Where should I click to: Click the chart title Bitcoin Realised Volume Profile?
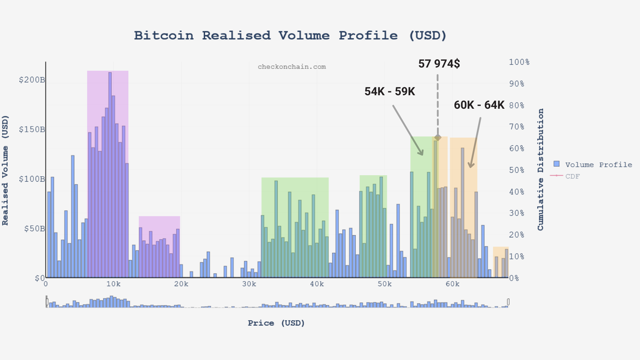click(290, 36)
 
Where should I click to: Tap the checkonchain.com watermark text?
click(292, 67)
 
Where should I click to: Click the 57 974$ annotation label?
click(439, 64)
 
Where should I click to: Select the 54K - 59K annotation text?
click(390, 92)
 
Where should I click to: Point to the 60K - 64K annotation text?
click(479, 105)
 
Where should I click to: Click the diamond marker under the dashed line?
click(438, 138)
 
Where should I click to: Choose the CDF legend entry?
click(572, 176)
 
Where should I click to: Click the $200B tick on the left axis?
click(32, 80)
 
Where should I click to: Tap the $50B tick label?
click(34, 229)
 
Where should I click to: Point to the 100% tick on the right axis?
click(519, 62)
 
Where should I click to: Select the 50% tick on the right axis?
click(517, 170)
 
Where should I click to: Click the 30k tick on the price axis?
click(249, 284)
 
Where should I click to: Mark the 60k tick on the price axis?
click(452, 284)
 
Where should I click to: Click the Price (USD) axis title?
click(276, 323)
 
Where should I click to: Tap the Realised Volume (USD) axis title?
click(5, 170)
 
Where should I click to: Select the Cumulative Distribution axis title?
click(540, 170)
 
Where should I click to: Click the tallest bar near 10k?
click(110, 174)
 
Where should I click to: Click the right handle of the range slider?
click(508, 302)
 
